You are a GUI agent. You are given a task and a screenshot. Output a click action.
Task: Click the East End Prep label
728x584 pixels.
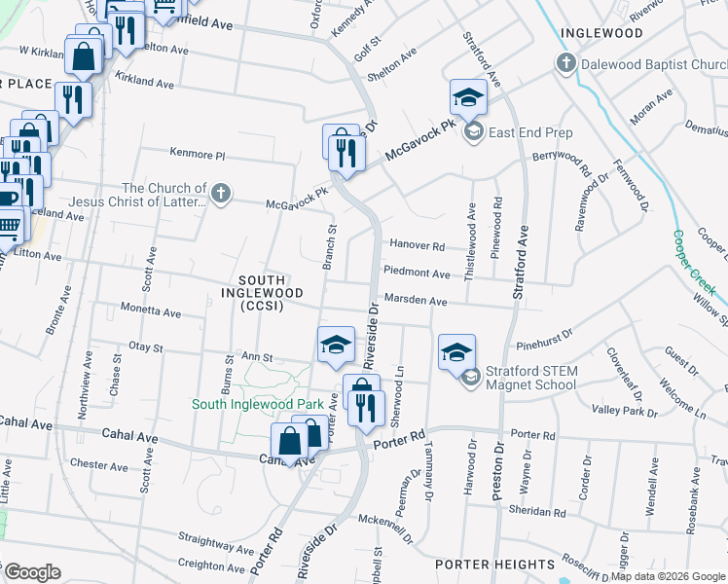tap(530, 132)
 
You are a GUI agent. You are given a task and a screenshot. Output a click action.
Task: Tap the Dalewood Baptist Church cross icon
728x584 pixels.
tap(565, 64)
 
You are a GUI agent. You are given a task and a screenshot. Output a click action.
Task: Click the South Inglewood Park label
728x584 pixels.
tap(257, 404)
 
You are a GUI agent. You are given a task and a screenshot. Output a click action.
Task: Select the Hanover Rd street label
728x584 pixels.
tap(417, 246)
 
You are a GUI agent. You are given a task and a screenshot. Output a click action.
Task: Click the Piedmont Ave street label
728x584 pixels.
tap(417, 274)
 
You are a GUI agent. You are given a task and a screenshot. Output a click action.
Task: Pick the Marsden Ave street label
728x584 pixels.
tap(415, 302)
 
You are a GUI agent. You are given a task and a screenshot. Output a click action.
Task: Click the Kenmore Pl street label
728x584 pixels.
tap(198, 155)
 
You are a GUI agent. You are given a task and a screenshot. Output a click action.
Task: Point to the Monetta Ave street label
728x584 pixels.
tap(150, 313)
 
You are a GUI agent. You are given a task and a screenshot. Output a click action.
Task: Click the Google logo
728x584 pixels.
tap(32, 572)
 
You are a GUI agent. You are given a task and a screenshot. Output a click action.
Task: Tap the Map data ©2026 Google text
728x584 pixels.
tap(668, 576)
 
